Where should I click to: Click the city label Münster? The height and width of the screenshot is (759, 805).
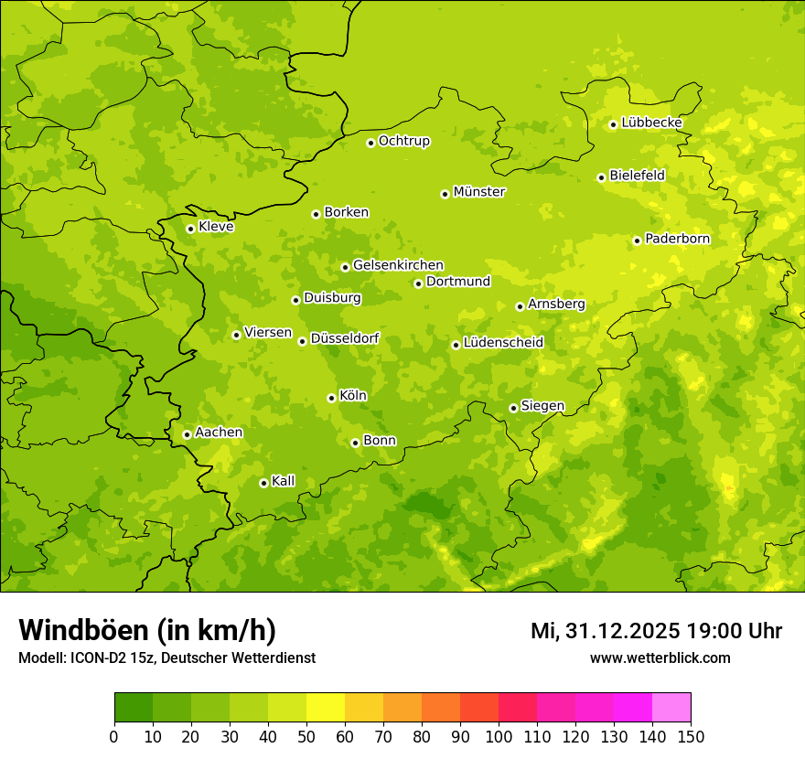[x=478, y=192]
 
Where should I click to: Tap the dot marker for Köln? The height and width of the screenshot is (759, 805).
[x=331, y=398]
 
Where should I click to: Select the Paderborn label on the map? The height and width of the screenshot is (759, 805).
[x=677, y=239]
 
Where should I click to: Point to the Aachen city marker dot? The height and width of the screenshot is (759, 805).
[x=187, y=434]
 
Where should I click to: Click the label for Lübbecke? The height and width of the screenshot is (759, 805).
[x=651, y=123]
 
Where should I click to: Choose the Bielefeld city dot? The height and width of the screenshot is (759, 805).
[x=601, y=177]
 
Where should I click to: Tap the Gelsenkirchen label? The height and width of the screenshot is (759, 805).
[x=398, y=265]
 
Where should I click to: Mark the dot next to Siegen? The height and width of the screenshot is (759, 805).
[x=513, y=408]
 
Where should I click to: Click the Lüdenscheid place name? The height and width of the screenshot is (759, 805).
[x=503, y=343]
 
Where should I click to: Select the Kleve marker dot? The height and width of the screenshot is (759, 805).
[x=190, y=229]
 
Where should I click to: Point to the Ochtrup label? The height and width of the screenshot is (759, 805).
[x=403, y=141]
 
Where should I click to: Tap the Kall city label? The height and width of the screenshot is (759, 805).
[x=283, y=481]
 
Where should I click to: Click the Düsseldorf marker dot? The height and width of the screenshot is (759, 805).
[x=302, y=341]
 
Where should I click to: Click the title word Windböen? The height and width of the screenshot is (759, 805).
[x=83, y=630]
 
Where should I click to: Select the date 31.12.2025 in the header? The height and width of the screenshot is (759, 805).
[x=622, y=631]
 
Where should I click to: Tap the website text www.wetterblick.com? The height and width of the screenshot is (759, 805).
[x=660, y=657]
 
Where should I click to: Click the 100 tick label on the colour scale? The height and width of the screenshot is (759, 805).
[x=499, y=737]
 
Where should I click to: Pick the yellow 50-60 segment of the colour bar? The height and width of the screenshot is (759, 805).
[x=326, y=708]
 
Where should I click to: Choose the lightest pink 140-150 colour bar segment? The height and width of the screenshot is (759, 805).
[x=671, y=708]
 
